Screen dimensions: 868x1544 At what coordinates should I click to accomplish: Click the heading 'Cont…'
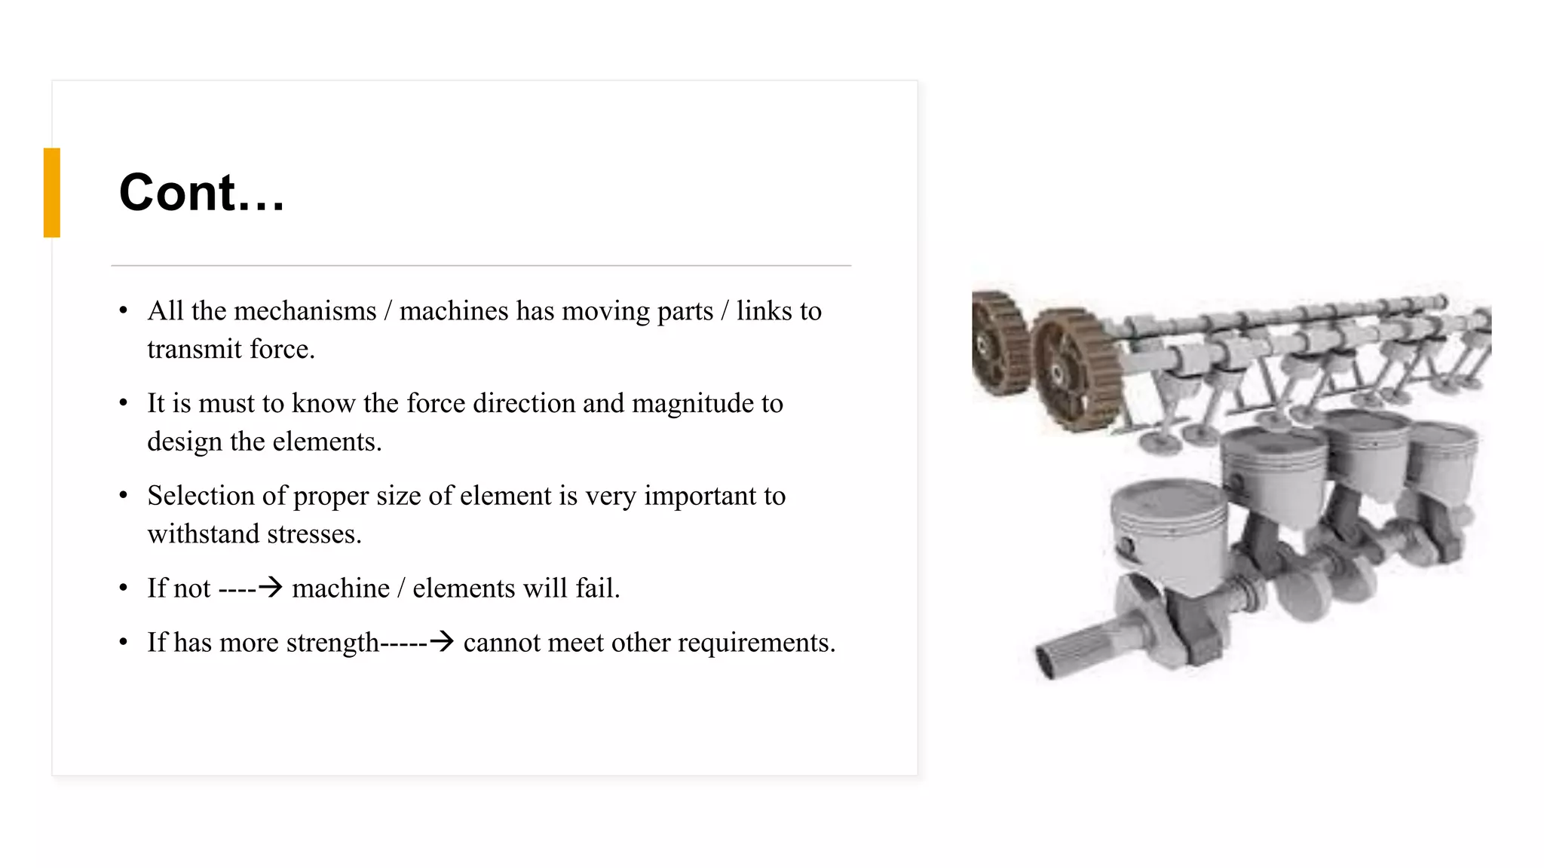pyautogui.click(x=202, y=193)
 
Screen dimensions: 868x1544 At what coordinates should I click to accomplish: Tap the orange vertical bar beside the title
pyautogui.click(x=52, y=193)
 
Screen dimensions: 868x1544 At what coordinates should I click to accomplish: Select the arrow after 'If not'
pyautogui.click(x=269, y=587)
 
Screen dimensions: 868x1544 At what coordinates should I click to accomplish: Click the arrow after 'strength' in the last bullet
pyautogui.click(x=441, y=642)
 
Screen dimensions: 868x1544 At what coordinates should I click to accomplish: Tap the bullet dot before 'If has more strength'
pyautogui.click(x=124, y=643)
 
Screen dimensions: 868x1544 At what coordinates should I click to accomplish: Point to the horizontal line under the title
pyautogui.click(x=481, y=265)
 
